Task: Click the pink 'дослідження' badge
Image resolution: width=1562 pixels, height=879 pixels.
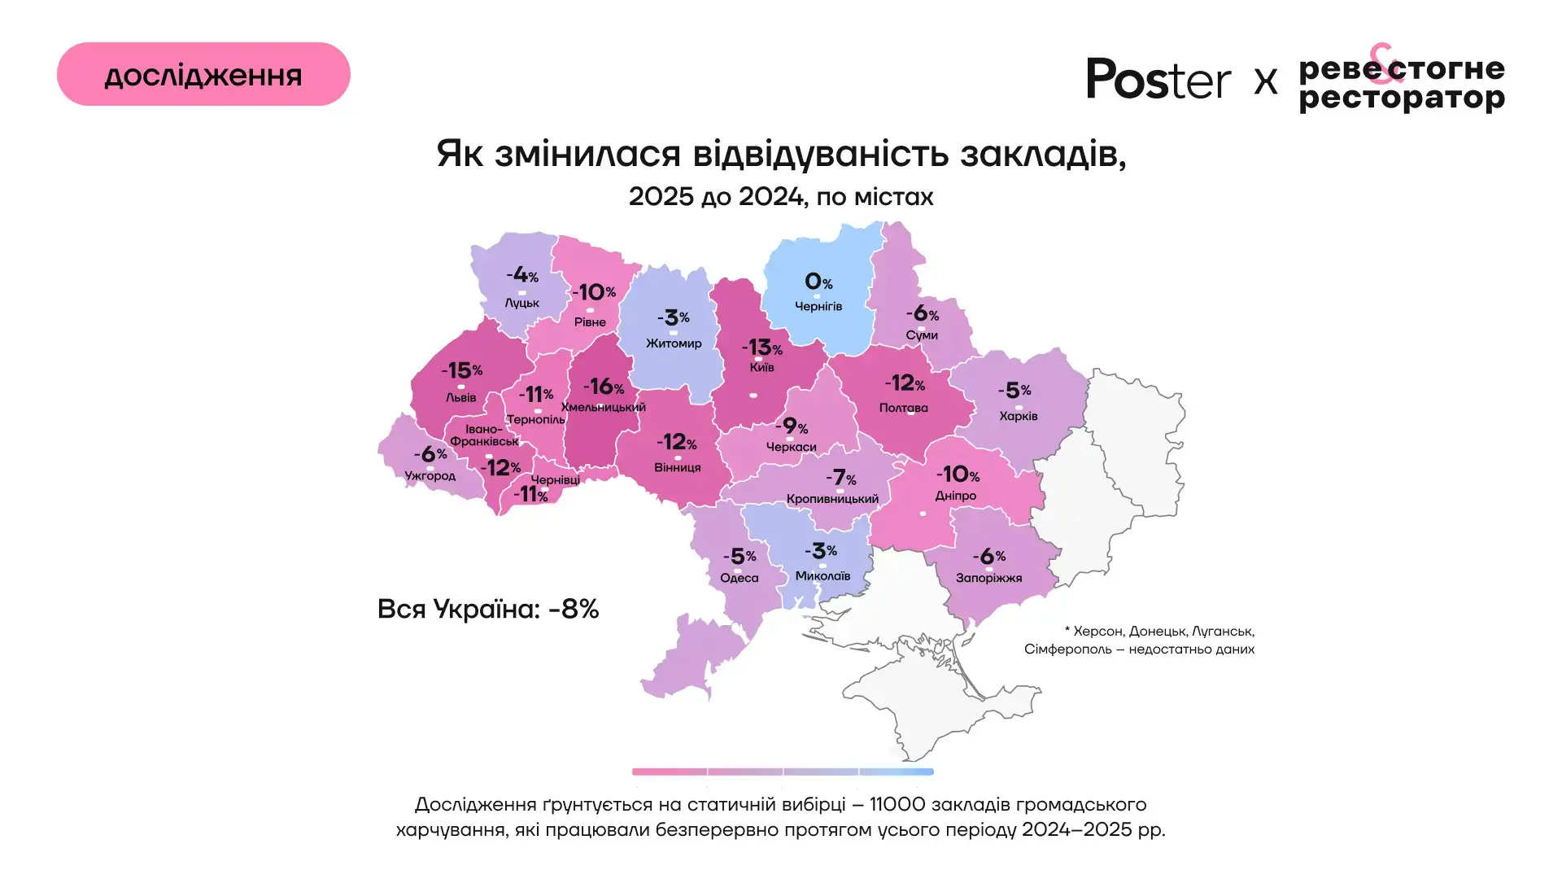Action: tap(203, 75)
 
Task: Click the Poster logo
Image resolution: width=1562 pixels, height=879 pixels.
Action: tap(1158, 80)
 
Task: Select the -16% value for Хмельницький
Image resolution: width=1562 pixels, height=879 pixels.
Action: tap(604, 386)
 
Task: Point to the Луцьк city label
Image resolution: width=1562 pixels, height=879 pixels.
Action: tap(521, 303)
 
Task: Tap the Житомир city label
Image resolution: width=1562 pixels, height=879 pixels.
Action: tap(674, 343)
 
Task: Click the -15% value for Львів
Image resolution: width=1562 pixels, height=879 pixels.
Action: tap(462, 370)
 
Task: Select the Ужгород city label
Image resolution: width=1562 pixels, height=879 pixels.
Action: tap(430, 475)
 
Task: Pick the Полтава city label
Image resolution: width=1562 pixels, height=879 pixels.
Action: tap(903, 408)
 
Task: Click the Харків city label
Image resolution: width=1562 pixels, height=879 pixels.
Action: tap(1019, 416)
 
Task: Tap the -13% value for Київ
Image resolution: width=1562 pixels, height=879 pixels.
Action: tap(761, 348)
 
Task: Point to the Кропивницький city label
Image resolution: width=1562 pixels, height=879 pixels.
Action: tap(832, 499)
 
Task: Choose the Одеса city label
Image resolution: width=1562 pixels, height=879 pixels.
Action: tap(740, 578)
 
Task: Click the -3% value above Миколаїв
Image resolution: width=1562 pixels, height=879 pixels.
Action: tap(821, 551)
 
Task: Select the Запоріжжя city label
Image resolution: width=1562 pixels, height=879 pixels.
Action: tap(988, 578)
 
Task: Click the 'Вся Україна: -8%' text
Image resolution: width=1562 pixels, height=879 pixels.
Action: tap(488, 609)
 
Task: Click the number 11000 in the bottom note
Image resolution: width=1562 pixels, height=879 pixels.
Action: tap(897, 805)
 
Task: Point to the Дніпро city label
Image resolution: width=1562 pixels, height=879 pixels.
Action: tap(956, 496)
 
